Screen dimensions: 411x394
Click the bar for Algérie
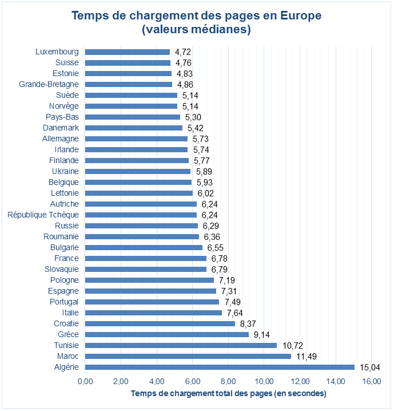pyautogui.click(x=220, y=367)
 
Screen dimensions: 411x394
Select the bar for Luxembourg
pyautogui.click(x=128, y=52)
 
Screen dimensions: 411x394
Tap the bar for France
pyautogui.click(x=146, y=258)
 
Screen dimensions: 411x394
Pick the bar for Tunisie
pyautogui.click(x=181, y=345)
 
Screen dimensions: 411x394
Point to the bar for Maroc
pyautogui.click(x=188, y=356)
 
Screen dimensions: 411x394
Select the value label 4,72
pyautogui.click(x=182, y=52)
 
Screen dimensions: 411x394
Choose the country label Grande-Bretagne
pyautogui.click(x=49, y=84)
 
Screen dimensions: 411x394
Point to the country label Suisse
pyautogui.click(x=67, y=62)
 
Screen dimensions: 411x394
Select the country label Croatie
pyautogui.click(x=66, y=323)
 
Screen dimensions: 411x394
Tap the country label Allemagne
pyautogui.click(x=61, y=139)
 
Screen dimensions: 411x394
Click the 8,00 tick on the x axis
pyautogui.click(x=228, y=381)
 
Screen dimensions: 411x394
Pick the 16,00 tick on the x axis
pyautogui.click(x=371, y=381)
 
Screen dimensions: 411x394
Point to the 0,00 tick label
pyautogui.click(x=85, y=381)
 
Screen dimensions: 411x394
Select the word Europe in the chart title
pyautogui.click(x=300, y=15)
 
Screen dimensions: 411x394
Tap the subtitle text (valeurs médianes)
pyautogui.click(x=196, y=29)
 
